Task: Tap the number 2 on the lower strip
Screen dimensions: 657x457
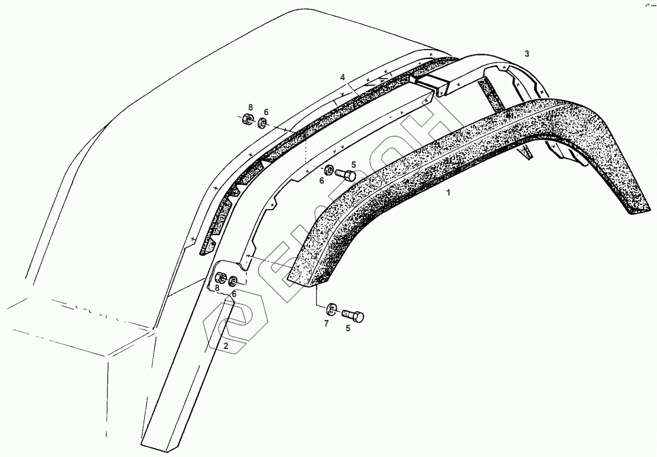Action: click(226, 346)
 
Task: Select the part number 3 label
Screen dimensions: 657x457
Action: click(526, 54)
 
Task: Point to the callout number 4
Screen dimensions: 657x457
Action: click(342, 77)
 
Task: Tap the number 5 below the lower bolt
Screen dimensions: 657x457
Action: click(348, 328)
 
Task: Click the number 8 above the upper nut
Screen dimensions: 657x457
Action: click(251, 107)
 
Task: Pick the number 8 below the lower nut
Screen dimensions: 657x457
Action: click(217, 289)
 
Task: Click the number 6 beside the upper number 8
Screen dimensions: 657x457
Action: click(266, 112)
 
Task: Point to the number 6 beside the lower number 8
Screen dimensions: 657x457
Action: click(234, 293)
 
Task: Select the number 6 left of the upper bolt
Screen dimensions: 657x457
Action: click(322, 181)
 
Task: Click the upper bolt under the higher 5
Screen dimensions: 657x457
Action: click(346, 175)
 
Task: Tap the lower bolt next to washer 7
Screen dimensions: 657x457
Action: click(353, 316)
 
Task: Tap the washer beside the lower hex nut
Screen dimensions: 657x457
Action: click(235, 280)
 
